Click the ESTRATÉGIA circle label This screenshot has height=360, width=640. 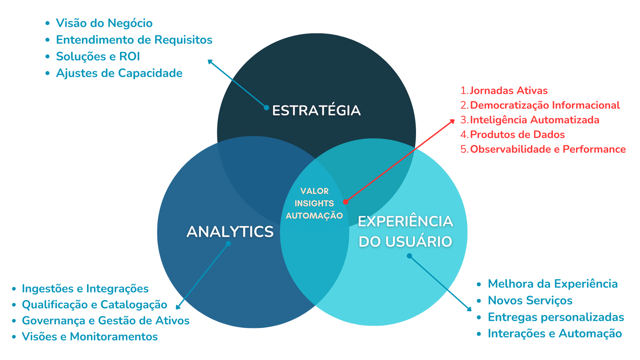click(316, 110)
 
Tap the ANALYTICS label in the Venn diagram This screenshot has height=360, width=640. click(230, 232)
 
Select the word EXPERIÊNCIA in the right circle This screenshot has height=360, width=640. click(406, 222)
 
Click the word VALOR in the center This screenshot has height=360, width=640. click(314, 191)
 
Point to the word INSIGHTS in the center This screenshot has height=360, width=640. click(314, 203)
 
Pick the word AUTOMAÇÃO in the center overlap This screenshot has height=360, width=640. click(314, 216)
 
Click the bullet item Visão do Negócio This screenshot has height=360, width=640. click(104, 23)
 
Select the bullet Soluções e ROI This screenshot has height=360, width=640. click(98, 56)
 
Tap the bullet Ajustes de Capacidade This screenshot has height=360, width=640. click(119, 73)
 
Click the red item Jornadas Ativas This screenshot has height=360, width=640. click(508, 90)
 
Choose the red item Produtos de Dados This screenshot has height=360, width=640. click(518, 134)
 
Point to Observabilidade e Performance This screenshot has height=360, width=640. click(548, 149)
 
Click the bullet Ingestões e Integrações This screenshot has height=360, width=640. click(85, 288)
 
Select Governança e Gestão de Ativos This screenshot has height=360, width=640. click(106, 320)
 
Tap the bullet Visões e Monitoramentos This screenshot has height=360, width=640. click(90, 336)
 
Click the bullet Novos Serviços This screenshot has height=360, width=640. click(530, 300)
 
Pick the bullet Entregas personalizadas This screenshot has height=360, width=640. click(556, 317)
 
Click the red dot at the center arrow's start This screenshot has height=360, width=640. click(346, 202)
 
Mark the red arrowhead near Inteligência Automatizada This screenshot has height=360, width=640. click(452, 122)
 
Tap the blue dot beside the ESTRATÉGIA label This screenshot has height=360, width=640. click(266, 108)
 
